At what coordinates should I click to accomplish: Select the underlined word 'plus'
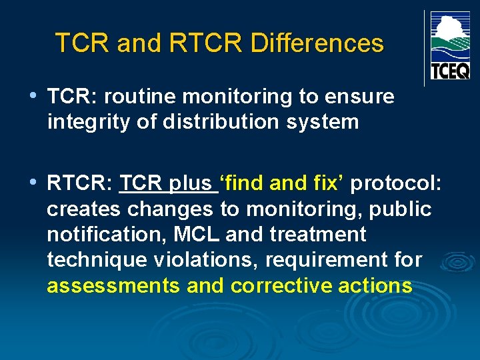[193, 183]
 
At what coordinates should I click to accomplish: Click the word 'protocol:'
[397, 183]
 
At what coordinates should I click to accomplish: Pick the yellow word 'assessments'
[113, 286]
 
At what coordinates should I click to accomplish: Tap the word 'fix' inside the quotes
[327, 183]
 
